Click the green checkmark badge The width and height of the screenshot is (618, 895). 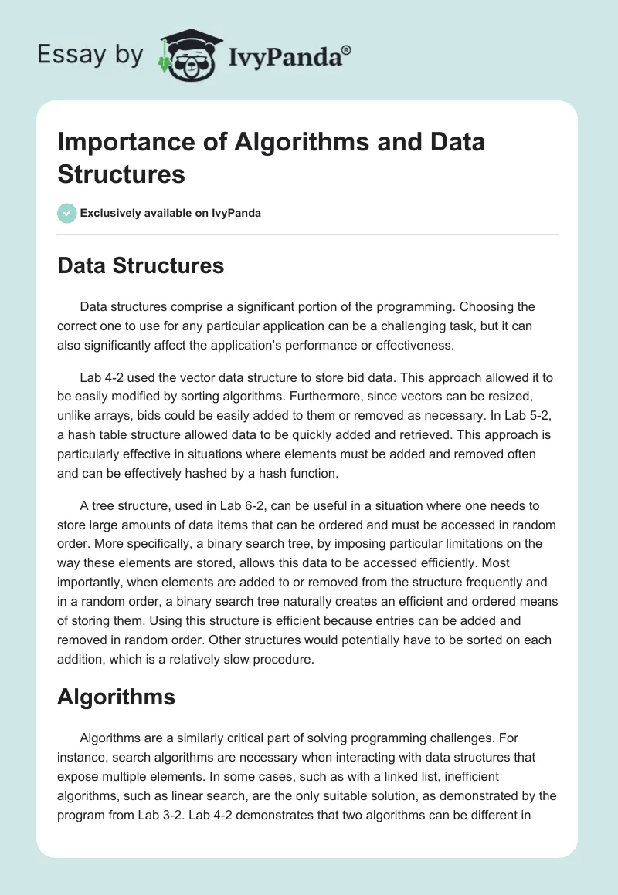coord(67,213)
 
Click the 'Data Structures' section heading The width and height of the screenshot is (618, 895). coord(141,266)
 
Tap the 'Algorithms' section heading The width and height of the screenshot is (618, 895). coord(117,697)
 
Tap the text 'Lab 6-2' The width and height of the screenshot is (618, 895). coord(243,505)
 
